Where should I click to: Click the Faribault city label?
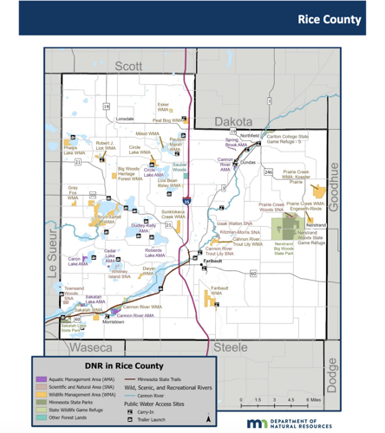click(x=213, y=260)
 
